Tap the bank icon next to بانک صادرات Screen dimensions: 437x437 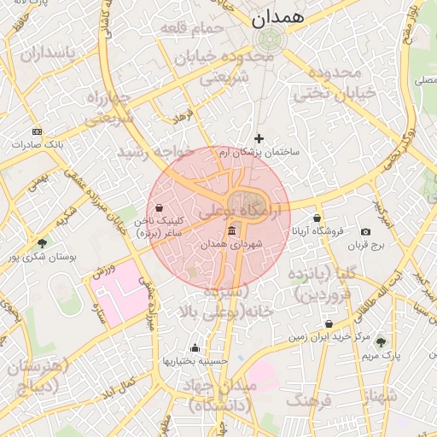click(x=36, y=131)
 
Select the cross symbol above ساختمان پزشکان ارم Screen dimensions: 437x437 click(x=259, y=138)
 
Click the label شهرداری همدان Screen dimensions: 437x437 click(x=232, y=244)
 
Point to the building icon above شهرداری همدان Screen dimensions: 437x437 click(x=232, y=231)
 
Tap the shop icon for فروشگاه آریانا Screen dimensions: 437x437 click(x=318, y=218)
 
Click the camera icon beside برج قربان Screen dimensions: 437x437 click(x=366, y=232)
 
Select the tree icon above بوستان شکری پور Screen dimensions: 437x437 click(x=42, y=243)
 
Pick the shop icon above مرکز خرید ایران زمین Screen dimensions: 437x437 click(x=329, y=324)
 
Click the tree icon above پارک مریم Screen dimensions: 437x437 click(x=381, y=341)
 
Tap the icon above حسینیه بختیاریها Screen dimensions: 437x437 click(x=195, y=348)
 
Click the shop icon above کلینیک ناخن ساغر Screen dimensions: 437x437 click(x=159, y=207)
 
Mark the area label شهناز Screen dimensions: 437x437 click(x=380, y=396)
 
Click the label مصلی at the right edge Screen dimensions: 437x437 click(x=424, y=81)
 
